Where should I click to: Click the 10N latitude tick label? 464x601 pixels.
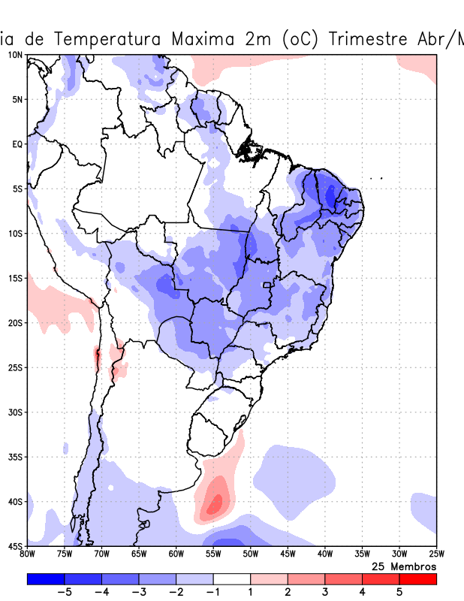pos(15,55)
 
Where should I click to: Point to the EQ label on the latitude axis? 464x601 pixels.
pos(17,143)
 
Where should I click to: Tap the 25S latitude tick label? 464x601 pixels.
pos(15,367)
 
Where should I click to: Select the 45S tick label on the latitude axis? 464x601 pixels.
pos(15,545)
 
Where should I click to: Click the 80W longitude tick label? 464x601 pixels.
pos(27,554)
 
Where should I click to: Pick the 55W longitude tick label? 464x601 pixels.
pos(213,554)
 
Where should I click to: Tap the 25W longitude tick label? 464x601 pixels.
pos(435,554)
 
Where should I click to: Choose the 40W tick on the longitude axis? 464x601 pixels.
pos(324,554)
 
